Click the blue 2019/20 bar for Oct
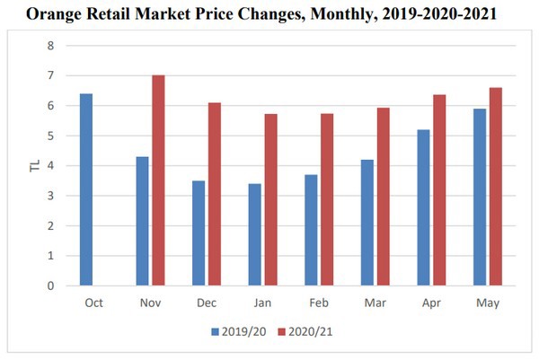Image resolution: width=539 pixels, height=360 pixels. coord(86,189)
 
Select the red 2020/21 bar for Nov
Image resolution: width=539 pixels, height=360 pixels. coord(158,180)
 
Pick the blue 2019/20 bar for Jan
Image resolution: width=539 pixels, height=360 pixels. coord(255,234)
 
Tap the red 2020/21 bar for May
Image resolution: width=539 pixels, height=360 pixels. coord(495,187)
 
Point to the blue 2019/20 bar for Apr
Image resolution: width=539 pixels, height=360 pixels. coord(424,207)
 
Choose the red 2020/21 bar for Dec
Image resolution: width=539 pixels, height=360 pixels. coord(214,194)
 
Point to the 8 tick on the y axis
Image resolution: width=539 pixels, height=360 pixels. coord(50,46)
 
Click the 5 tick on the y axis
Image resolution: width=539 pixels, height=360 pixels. coord(50,136)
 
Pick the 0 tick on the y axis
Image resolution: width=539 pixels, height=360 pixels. coord(50,285)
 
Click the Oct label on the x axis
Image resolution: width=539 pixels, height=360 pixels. coord(93,303)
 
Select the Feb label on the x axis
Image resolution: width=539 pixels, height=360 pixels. coord(317,303)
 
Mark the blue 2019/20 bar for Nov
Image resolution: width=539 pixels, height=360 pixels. coord(142,221)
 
